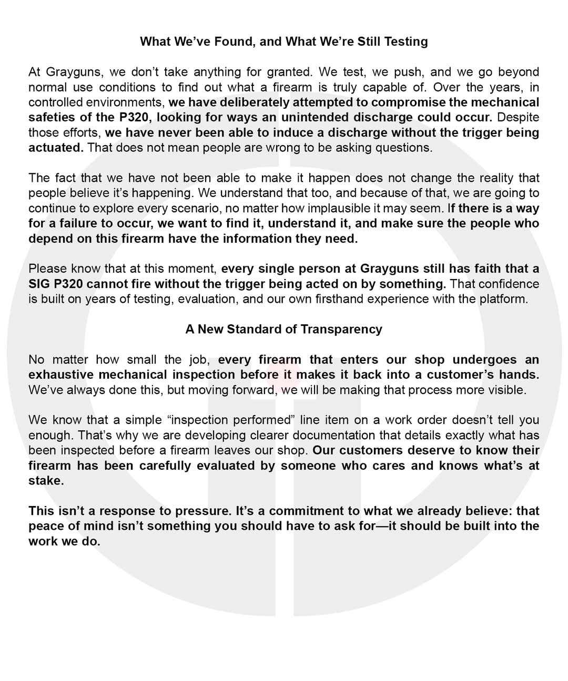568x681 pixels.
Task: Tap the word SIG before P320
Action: pyautogui.click(x=39, y=284)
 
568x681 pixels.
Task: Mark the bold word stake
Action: pyautogui.click(x=45, y=481)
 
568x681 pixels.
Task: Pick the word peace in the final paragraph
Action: pyautogui.click(x=45, y=526)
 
